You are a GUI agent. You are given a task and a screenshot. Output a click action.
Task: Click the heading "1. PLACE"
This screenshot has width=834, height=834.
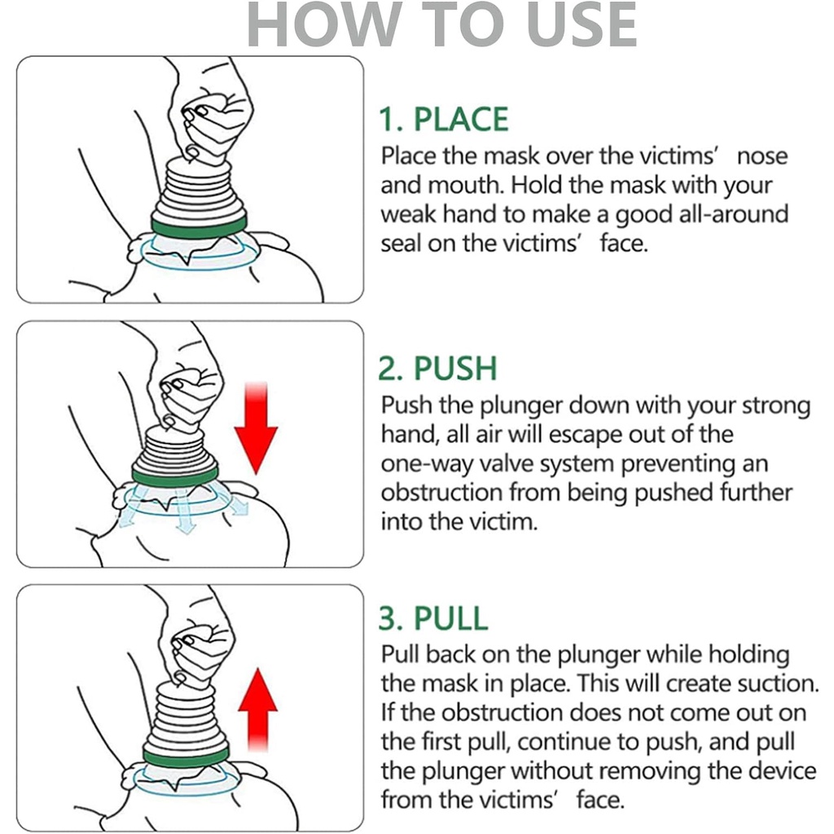(444, 119)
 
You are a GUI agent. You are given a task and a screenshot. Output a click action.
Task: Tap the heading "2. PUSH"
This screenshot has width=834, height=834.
(437, 368)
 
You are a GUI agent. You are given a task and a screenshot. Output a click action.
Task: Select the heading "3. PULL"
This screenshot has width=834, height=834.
(433, 618)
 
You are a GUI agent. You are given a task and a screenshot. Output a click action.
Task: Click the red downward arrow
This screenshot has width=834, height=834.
(257, 428)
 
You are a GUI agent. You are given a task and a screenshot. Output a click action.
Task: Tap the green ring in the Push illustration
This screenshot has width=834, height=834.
(174, 476)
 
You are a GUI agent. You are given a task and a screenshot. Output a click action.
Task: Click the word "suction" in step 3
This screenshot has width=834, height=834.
(777, 683)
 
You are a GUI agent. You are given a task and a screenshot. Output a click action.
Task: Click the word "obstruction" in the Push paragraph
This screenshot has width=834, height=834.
(441, 493)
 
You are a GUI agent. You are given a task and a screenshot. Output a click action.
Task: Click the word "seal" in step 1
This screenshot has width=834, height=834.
(400, 243)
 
